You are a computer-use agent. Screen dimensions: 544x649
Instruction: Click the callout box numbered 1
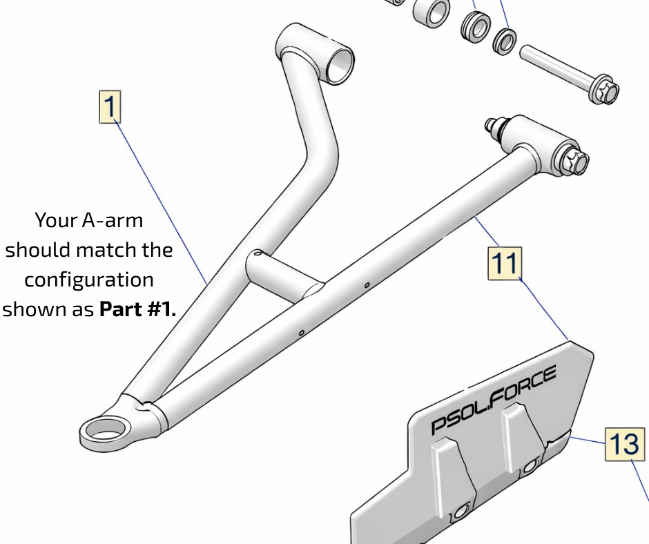tap(110, 107)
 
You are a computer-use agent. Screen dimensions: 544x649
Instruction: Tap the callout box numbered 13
tap(625, 444)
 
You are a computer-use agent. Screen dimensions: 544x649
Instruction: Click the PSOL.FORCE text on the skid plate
tap(494, 400)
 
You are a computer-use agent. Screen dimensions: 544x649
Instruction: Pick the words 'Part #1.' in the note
tap(137, 309)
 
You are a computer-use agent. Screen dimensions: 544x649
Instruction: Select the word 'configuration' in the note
tap(89, 280)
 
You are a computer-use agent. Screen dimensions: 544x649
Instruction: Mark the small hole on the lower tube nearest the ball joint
tap(302, 333)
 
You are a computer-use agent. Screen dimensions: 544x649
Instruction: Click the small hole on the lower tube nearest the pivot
tap(367, 284)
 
